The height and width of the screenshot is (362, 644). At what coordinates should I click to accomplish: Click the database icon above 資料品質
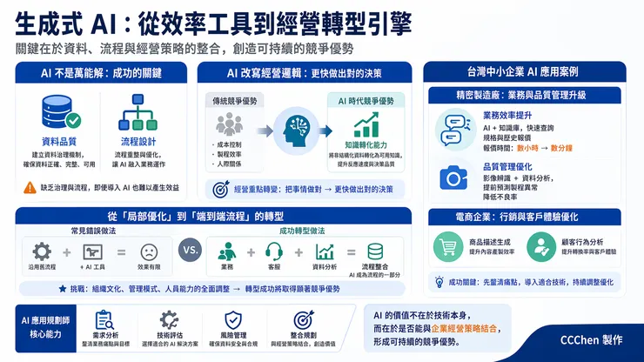tap(60, 113)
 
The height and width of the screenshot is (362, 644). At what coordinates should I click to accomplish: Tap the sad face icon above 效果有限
tap(148, 251)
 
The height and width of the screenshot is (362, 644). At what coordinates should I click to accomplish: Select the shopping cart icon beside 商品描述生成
tap(450, 247)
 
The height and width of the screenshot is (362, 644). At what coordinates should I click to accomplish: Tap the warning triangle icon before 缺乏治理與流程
tap(34, 187)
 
